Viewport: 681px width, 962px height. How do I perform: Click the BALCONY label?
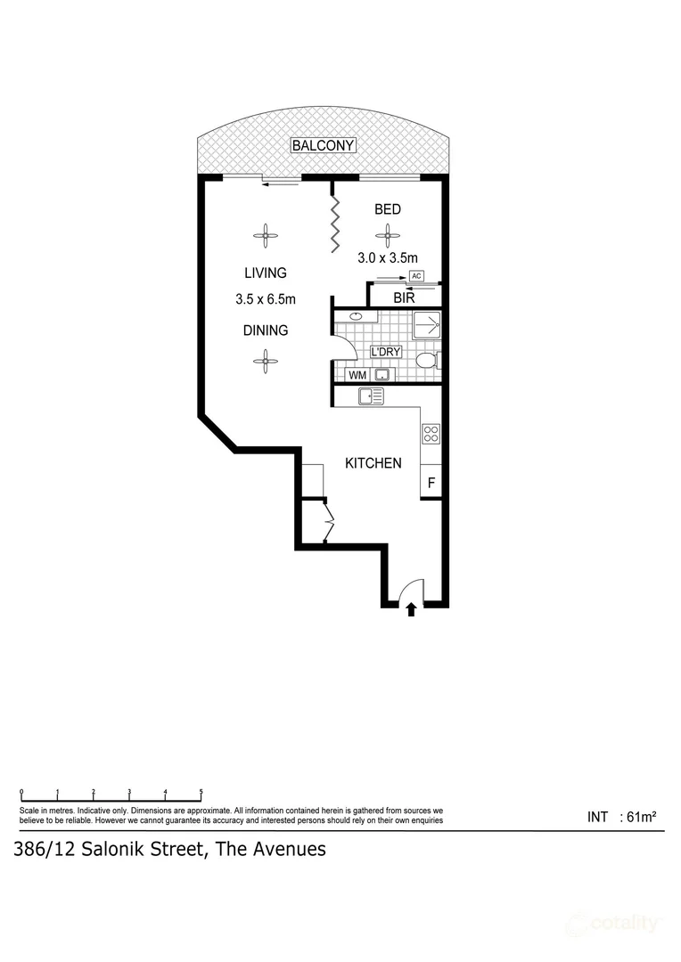tap(324, 145)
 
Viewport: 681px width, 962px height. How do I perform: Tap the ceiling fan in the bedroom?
tap(387, 236)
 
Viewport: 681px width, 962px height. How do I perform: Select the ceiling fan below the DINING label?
tap(264, 361)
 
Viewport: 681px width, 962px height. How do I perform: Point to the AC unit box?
tap(415, 276)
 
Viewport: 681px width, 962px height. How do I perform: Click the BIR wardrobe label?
tap(404, 298)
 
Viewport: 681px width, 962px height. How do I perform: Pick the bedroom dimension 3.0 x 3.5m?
tap(388, 259)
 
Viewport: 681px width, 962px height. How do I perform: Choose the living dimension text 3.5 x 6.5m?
tap(265, 299)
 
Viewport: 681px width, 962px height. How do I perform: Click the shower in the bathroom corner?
tap(427, 325)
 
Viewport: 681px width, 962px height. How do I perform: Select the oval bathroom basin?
tap(357, 316)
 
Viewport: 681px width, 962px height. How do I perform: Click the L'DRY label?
tap(386, 353)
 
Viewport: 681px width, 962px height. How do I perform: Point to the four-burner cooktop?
tap(431, 435)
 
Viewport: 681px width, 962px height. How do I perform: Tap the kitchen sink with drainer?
tap(372, 395)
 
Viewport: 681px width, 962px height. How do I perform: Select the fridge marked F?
tap(431, 484)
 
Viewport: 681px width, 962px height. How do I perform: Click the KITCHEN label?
tap(373, 463)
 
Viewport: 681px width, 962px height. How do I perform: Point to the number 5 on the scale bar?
tap(201, 791)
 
